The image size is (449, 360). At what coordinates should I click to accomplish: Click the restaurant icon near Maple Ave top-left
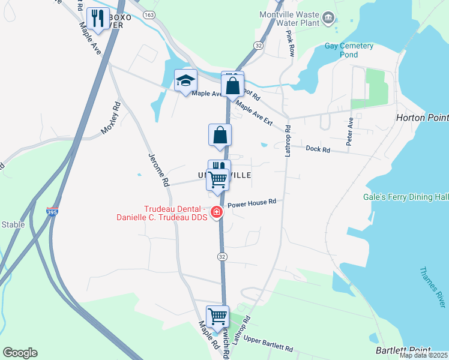[97, 19]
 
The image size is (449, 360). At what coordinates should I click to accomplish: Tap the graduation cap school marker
[185, 81]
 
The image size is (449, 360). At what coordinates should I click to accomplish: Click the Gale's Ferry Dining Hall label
[406, 197]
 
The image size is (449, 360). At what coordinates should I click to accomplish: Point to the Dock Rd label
[318, 149]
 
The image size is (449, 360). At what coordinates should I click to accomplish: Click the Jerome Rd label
[159, 173]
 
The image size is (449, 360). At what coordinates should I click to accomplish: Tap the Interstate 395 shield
[52, 211]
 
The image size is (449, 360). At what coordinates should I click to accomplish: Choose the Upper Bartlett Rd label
[268, 344]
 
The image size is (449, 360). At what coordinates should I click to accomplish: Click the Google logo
[20, 353]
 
